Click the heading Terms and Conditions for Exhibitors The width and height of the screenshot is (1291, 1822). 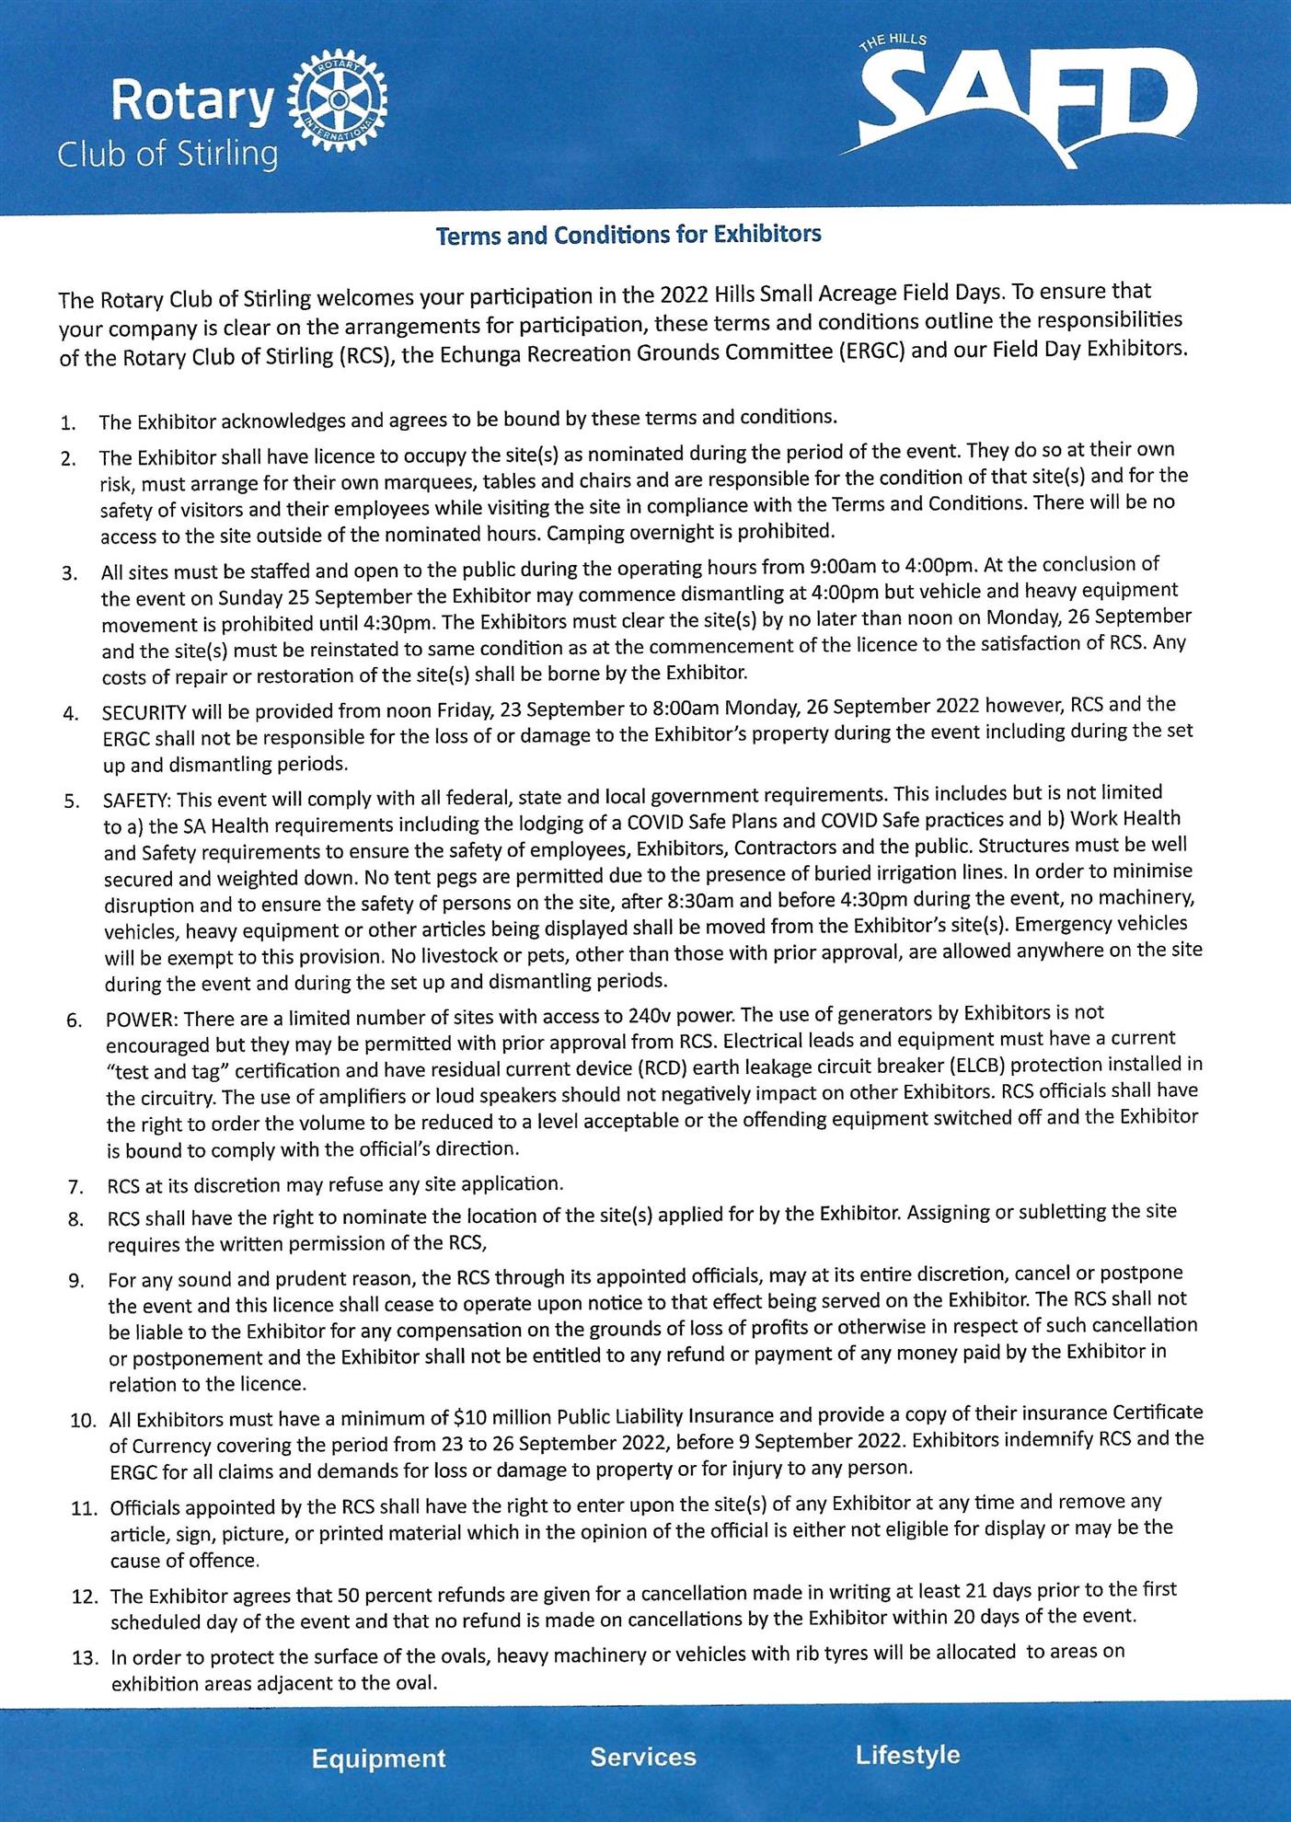pos(628,235)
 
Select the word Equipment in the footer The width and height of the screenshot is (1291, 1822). pos(378,1759)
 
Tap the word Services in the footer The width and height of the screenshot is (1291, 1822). pos(643,1757)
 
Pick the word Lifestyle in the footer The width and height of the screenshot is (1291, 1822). pos(907,1755)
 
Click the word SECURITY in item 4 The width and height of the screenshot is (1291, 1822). pos(145,712)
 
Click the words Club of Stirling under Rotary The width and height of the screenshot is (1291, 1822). pos(167,152)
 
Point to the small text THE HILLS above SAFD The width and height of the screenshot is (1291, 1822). pos(892,41)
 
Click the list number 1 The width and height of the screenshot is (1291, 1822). pos(66,424)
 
